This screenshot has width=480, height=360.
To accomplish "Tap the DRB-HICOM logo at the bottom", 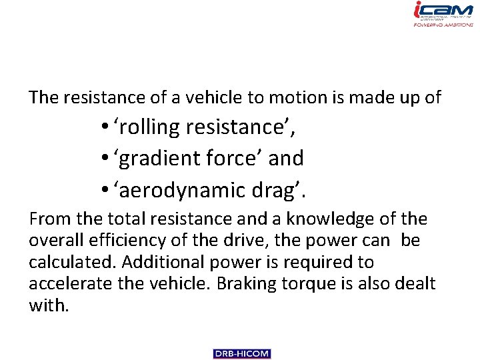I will point(242,354).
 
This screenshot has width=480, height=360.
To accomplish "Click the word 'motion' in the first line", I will point(293,97).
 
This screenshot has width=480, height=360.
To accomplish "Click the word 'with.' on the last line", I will point(49,305).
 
